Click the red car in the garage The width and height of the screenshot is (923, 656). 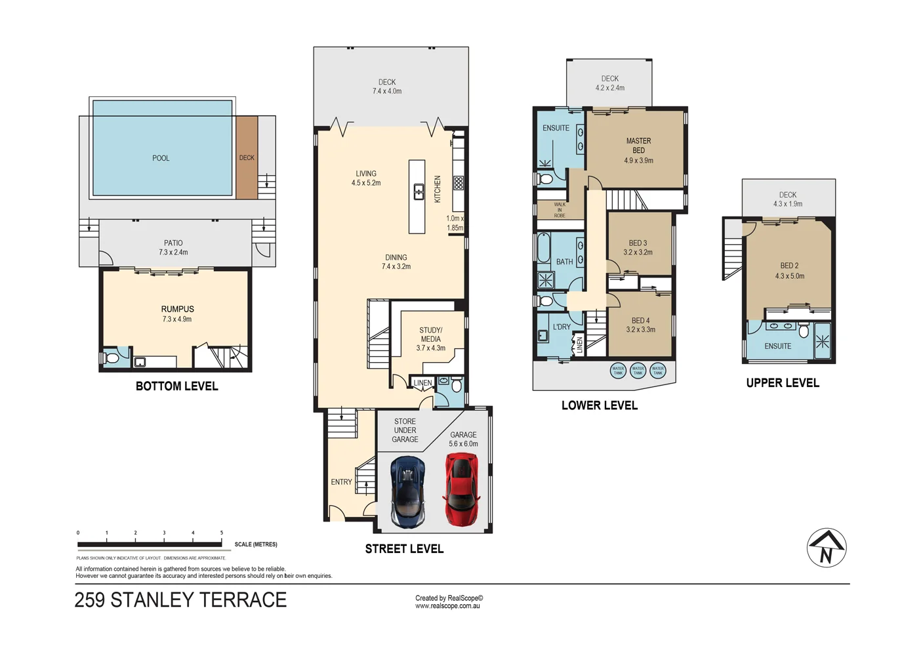[462, 491]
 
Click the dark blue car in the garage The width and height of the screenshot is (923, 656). [407, 492]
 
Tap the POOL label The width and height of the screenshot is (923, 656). [161, 158]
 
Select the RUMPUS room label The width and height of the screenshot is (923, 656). [177, 309]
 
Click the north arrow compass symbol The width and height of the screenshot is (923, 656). [827, 548]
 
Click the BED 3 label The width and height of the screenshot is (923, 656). [638, 243]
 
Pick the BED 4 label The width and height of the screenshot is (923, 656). [640, 321]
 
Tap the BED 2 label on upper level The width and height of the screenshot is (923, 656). [789, 266]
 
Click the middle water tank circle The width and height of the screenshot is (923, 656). [638, 370]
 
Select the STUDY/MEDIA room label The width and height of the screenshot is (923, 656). [430, 335]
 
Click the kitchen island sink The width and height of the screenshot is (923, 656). [418, 192]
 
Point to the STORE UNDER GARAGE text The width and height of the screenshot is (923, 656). [405, 430]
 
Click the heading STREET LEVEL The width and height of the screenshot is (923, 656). [404, 549]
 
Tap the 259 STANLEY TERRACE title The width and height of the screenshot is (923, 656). [180, 600]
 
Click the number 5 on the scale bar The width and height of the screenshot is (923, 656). [222, 533]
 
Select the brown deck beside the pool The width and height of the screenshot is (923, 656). [247, 157]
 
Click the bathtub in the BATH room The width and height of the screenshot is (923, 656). [544, 247]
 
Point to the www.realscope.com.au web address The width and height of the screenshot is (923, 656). [447, 606]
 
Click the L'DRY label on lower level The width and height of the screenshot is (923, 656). [562, 327]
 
